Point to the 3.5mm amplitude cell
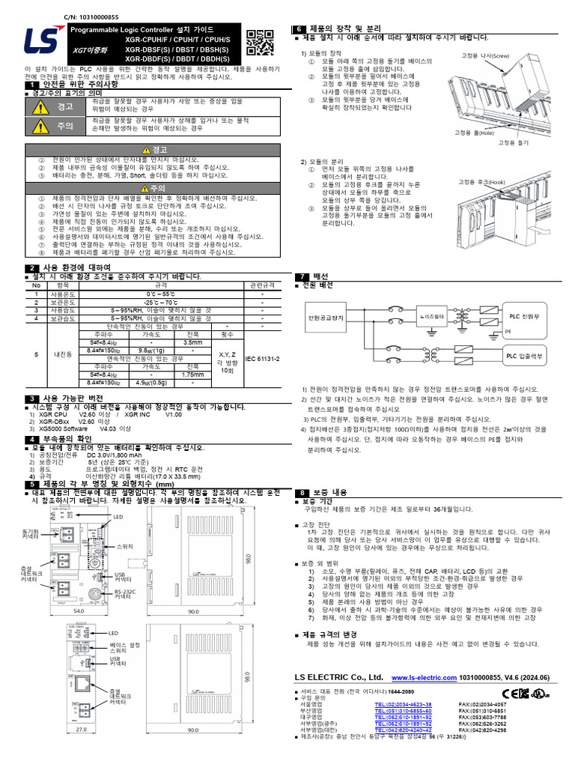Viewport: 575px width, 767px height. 193,342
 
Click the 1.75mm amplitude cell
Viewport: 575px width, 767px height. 193,374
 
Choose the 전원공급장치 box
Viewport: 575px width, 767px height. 326,318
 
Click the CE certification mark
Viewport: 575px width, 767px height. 508,693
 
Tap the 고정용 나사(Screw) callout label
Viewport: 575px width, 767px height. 484,55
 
